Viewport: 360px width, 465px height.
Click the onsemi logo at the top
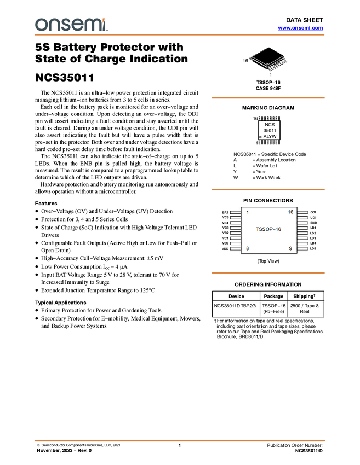click(x=71, y=25)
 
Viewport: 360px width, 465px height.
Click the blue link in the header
click(x=300, y=28)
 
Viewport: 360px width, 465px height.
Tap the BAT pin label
click(x=225, y=212)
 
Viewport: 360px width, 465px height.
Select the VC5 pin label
click(x=225, y=218)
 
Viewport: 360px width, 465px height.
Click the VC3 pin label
click(x=225, y=228)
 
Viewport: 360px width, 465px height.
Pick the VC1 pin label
click(x=225, y=238)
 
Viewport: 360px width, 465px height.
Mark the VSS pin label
click(x=225, y=243)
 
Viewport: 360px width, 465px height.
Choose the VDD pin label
click(x=225, y=249)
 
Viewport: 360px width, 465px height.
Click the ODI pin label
click(x=313, y=212)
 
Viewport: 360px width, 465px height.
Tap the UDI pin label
click(x=313, y=217)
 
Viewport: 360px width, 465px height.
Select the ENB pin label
click(x=313, y=223)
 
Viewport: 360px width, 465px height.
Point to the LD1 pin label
click(x=313, y=228)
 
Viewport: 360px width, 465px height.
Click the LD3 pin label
click(x=313, y=239)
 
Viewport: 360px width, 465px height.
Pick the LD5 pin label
click(x=313, y=249)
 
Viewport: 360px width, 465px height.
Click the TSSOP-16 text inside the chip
click(x=268, y=230)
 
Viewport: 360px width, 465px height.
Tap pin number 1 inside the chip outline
click(x=247, y=212)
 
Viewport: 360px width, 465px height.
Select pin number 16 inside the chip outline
click(x=290, y=212)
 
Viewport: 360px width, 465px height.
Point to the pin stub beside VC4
click(x=235, y=223)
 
